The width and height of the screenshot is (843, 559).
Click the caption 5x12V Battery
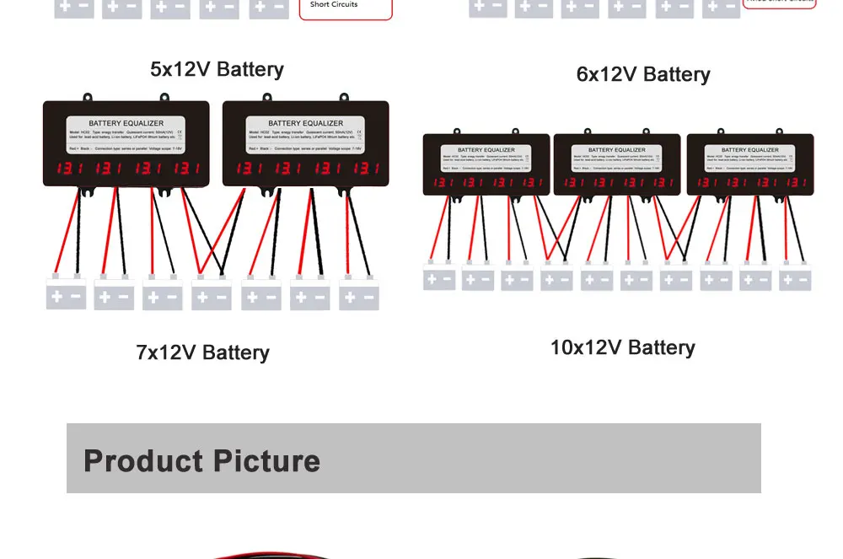[x=217, y=69]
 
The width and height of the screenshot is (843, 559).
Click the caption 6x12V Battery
[x=643, y=74]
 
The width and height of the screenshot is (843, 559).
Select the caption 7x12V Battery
[x=202, y=352]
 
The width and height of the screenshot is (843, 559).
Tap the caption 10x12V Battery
[x=622, y=347]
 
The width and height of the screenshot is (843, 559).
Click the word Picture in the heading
[x=266, y=461]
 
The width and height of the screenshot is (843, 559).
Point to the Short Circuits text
[x=334, y=5]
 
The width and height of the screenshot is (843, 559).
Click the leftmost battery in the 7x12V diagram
[x=66, y=295]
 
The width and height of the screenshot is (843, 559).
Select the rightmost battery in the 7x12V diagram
[x=359, y=297]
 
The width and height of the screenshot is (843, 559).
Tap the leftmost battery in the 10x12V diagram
[x=439, y=278]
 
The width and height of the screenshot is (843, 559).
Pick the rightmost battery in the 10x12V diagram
[x=795, y=279]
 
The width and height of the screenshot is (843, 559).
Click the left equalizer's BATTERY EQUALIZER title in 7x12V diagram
[x=127, y=123]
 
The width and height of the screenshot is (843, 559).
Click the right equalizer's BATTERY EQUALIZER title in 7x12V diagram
[x=306, y=123]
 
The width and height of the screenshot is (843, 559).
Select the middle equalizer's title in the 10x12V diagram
[x=618, y=150]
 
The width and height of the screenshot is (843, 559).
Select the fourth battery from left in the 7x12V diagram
[x=212, y=296]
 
